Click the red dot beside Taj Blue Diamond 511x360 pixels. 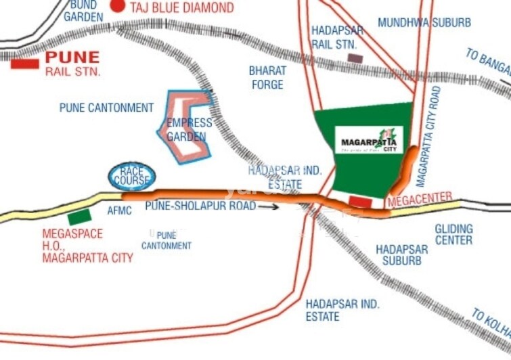[x=119, y=7]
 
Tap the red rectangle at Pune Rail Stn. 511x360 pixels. [x=24, y=64]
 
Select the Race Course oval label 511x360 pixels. [x=132, y=177]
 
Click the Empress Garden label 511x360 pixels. [x=189, y=129]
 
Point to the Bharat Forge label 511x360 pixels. [x=267, y=77]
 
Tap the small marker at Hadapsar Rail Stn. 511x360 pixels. [x=355, y=59]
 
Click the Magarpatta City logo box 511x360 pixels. [x=370, y=139]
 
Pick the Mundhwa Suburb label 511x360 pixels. [x=424, y=22]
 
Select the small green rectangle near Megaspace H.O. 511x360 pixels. [x=79, y=217]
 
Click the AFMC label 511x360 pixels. [x=119, y=211]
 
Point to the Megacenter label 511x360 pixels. [x=420, y=197]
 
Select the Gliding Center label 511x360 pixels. [x=453, y=234]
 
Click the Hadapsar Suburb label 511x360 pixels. [x=402, y=254]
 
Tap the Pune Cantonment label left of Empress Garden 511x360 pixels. [x=107, y=108]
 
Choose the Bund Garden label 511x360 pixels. [x=83, y=11]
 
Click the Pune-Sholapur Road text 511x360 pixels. [x=200, y=206]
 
